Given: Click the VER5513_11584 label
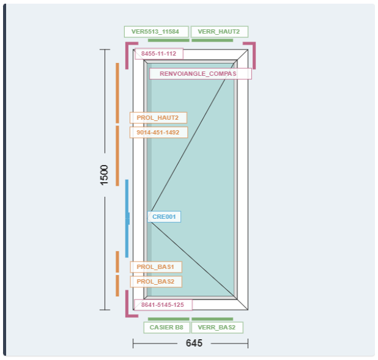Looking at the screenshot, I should [x=155, y=32].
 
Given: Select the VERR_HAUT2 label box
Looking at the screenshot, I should [x=219, y=32].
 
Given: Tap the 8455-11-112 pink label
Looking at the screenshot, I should [x=158, y=54].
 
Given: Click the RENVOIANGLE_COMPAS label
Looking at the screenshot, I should [x=200, y=74].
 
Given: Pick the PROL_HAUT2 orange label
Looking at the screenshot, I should [x=158, y=117].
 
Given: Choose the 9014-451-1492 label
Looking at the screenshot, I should [x=158, y=132].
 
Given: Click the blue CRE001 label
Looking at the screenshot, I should [x=164, y=216].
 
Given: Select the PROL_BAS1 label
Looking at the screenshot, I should [x=155, y=267].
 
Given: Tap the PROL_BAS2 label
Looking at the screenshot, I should [x=155, y=282].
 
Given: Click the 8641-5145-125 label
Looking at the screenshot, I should [x=163, y=304].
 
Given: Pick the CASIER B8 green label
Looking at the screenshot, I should [x=167, y=328].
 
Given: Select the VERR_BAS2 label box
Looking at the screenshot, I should [x=217, y=328].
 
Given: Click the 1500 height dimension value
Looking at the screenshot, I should [x=105, y=175].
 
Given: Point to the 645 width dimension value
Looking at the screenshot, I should [x=194, y=343].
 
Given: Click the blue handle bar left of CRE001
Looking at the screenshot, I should [x=127, y=218].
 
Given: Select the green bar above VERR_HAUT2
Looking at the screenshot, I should [x=212, y=40].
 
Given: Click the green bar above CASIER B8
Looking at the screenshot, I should [x=168, y=319].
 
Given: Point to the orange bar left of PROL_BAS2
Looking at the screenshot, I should [x=117, y=285].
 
